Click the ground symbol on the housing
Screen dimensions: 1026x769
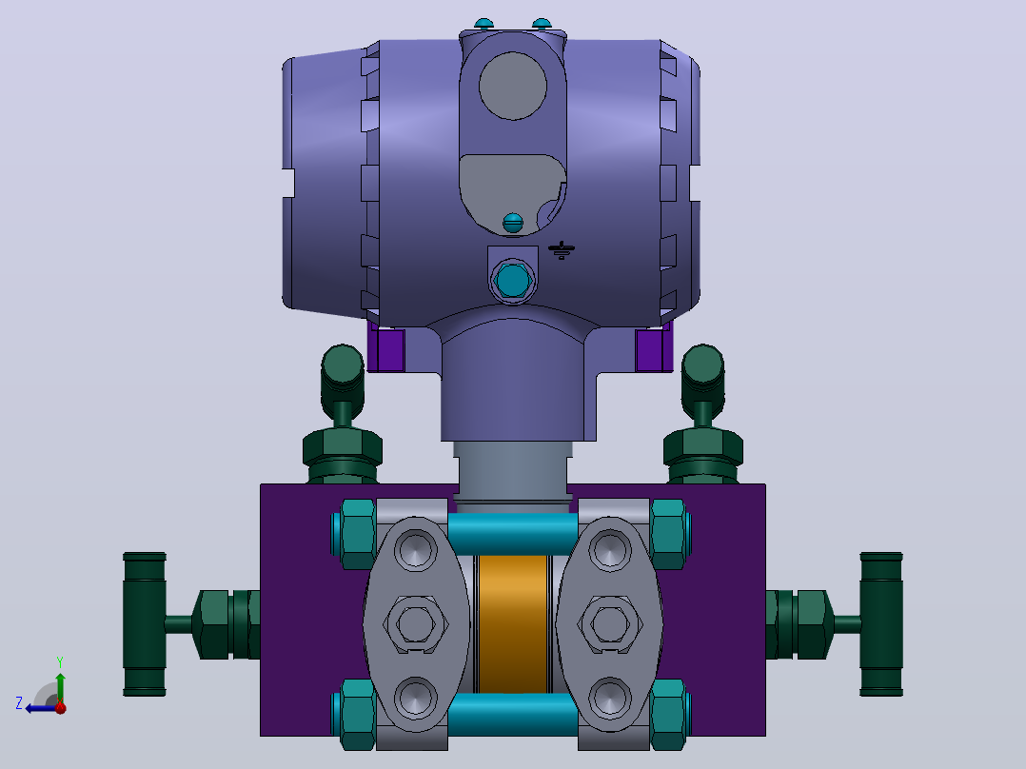click(562, 250)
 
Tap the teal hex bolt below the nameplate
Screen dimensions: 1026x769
click(513, 280)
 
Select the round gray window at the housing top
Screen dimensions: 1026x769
click(513, 86)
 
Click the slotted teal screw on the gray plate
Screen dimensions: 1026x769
click(514, 223)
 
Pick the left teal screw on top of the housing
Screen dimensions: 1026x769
click(483, 24)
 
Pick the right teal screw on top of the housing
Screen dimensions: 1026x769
click(542, 24)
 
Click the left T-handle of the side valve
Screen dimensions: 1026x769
click(145, 624)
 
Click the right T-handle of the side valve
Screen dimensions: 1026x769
click(881, 624)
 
